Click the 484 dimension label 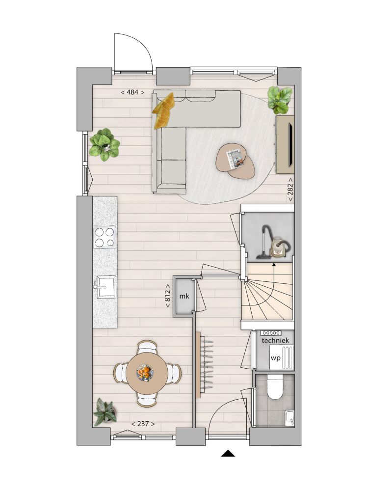pos(132,92)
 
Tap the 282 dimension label pos(290,190)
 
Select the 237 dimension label pos(143,424)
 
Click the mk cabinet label pos(184,296)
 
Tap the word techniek pos(275,341)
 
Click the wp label pos(275,358)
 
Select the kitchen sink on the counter pos(105,287)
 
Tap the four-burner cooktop pos(105,237)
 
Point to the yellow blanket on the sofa pos(163,110)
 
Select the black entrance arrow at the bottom pos(228,454)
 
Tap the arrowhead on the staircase pos(274,265)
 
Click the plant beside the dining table pos(105,411)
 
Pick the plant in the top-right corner pos(280,100)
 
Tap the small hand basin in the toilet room pos(290,418)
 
